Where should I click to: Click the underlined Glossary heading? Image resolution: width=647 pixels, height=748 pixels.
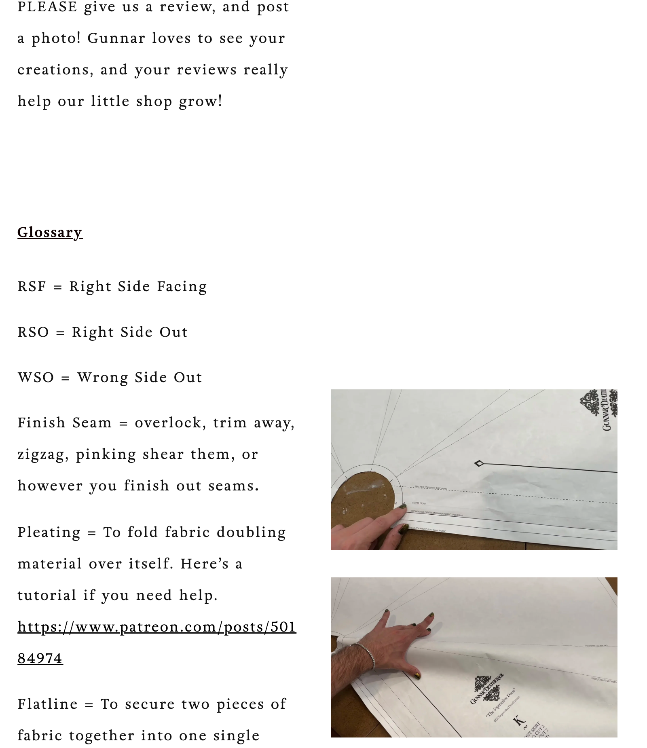coord(50,232)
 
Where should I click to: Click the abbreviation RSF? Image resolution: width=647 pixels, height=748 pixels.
coord(32,286)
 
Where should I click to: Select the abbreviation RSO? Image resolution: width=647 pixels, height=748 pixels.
coord(33,332)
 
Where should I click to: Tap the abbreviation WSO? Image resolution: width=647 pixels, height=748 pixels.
coord(36,377)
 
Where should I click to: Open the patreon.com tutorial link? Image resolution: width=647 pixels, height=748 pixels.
coord(156,627)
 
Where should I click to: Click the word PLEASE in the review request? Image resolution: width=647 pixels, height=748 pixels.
coord(47,7)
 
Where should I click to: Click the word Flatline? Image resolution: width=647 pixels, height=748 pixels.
coord(47,704)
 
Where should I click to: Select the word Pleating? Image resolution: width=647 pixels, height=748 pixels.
coord(49,532)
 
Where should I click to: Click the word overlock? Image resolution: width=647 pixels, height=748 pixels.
coord(167,423)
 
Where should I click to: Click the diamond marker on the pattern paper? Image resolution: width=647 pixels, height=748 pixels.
coord(479,463)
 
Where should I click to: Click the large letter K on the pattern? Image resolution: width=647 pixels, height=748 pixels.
coord(519,720)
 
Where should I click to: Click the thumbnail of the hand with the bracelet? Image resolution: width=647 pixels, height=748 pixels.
coord(474,657)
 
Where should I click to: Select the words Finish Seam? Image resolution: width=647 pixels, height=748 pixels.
coord(64,423)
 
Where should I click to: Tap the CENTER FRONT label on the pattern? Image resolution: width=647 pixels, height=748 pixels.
coord(419,503)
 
